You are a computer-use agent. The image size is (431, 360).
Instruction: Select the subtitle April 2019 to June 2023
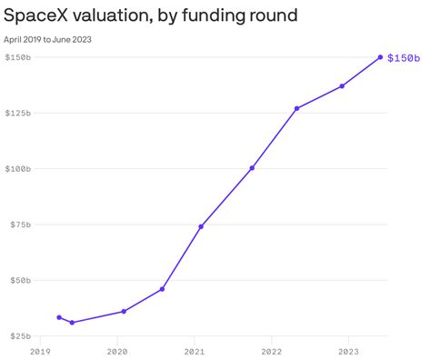(x=48, y=39)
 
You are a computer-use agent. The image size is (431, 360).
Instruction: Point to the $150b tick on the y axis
(x=18, y=57)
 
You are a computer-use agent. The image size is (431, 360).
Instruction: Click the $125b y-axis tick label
(x=18, y=114)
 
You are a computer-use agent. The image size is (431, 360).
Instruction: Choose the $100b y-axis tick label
(x=18, y=169)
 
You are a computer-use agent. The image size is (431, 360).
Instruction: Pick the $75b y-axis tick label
(x=20, y=225)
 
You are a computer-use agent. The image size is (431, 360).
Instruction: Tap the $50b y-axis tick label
(x=20, y=280)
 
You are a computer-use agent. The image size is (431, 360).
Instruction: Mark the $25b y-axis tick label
(x=20, y=336)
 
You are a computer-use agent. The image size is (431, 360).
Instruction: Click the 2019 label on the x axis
(x=40, y=350)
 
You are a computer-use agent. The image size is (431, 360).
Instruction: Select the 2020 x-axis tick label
(x=116, y=350)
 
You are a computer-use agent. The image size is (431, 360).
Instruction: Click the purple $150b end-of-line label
(x=403, y=58)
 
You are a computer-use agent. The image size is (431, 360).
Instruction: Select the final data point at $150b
(x=380, y=57)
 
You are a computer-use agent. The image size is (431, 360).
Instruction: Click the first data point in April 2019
(x=59, y=317)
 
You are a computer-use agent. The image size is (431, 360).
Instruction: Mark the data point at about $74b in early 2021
(x=201, y=226)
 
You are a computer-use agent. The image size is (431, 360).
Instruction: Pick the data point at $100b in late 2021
(x=252, y=168)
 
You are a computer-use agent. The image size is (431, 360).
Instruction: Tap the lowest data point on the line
(x=72, y=323)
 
